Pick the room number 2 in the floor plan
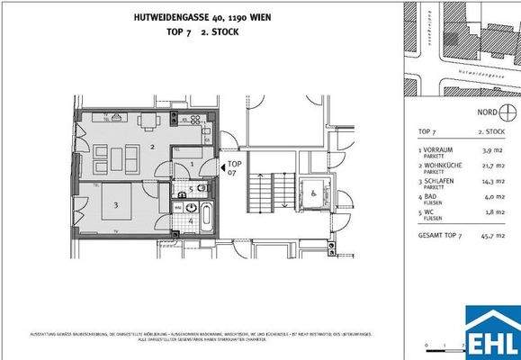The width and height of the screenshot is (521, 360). [154, 145]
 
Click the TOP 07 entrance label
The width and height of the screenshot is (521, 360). [233, 167]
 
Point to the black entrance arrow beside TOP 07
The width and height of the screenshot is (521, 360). [221, 166]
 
